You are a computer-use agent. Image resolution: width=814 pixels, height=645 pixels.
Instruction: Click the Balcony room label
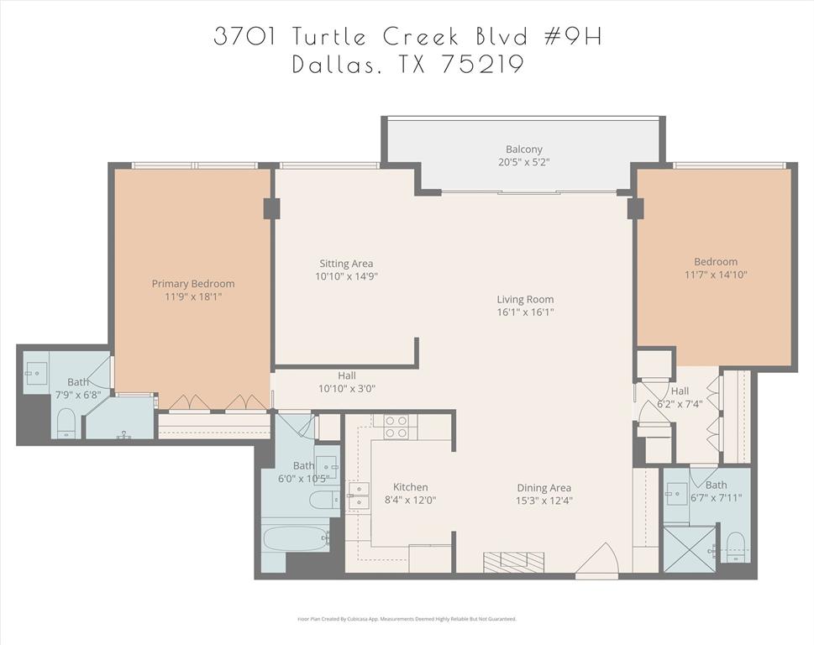[523, 149]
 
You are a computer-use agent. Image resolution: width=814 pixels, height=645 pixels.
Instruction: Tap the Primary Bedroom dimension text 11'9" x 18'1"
[192, 296]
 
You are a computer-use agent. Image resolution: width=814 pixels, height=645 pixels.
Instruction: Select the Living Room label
[525, 299]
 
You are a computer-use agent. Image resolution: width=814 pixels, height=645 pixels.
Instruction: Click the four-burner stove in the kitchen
[396, 427]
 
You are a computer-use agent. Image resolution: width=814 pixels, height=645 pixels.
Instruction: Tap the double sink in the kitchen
[359, 496]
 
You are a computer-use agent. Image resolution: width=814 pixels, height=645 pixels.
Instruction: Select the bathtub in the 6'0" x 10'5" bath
[295, 537]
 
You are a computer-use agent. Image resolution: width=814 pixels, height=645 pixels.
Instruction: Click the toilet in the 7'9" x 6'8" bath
[66, 422]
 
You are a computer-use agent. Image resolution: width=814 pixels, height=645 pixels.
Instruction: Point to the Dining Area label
[544, 487]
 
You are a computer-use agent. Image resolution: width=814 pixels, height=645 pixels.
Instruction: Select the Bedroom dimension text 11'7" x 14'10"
[715, 275]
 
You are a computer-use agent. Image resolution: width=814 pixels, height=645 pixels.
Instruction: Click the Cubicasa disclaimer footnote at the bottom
[407, 619]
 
